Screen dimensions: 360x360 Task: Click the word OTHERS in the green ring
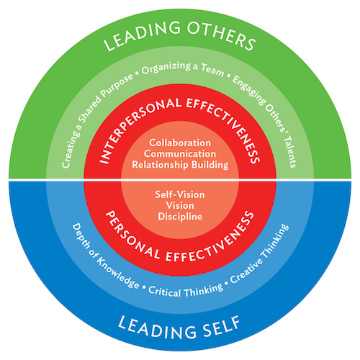(x=221, y=35)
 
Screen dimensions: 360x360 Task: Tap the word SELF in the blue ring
(x=221, y=328)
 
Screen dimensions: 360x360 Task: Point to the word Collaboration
(x=180, y=143)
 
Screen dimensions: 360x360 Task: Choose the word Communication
(x=180, y=154)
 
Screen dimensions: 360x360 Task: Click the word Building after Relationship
(x=210, y=165)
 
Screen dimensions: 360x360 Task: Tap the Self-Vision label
(x=180, y=194)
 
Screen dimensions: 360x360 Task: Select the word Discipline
(x=180, y=217)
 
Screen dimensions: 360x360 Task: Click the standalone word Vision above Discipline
(x=180, y=206)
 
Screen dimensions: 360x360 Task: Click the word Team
(x=212, y=70)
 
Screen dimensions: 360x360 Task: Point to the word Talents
(x=290, y=152)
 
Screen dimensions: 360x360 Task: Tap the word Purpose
(x=117, y=85)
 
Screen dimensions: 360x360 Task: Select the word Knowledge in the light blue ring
(x=117, y=273)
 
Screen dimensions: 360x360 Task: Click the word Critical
(x=165, y=291)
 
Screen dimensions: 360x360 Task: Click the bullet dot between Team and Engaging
(x=228, y=76)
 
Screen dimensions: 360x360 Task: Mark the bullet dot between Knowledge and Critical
(x=144, y=287)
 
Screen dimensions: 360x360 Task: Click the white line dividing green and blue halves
(x=180, y=179)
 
